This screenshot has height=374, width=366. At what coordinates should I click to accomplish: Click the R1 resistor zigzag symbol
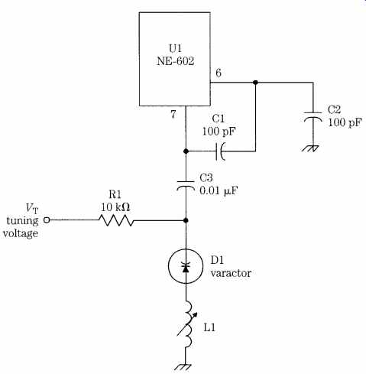click(x=116, y=220)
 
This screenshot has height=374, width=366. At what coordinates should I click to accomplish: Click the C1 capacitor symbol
click(x=220, y=151)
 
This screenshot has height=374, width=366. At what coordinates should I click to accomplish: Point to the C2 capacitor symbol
click(x=313, y=116)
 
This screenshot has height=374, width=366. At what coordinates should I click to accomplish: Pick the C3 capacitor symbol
click(x=186, y=185)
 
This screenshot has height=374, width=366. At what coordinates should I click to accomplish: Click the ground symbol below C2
click(x=311, y=148)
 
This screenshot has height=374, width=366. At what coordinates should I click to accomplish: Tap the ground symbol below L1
click(x=183, y=367)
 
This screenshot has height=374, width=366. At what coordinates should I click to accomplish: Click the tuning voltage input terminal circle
click(x=47, y=220)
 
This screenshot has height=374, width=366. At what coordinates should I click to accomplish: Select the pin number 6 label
click(x=219, y=73)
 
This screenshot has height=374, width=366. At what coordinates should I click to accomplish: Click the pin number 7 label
click(x=173, y=115)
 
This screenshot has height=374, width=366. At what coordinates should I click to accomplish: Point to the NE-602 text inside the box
click(x=175, y=61)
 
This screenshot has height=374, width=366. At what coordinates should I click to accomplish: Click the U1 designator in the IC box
click(x=176, y=48)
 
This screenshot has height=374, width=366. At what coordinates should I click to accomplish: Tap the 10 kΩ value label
click(x=115, y=207)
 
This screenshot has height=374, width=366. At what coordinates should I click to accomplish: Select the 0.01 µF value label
click(x=219, y=191)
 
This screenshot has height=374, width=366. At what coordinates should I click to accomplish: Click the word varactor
click(x=231, y=273)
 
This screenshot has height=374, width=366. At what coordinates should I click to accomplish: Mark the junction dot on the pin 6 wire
click(x=255, y=83)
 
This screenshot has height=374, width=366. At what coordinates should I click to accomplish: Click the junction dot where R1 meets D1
click(x=186, y=220)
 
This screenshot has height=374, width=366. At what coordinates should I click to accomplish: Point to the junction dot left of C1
click(x=186, y=151)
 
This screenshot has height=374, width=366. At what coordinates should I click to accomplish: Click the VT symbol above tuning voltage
click(x=32, y=209)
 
